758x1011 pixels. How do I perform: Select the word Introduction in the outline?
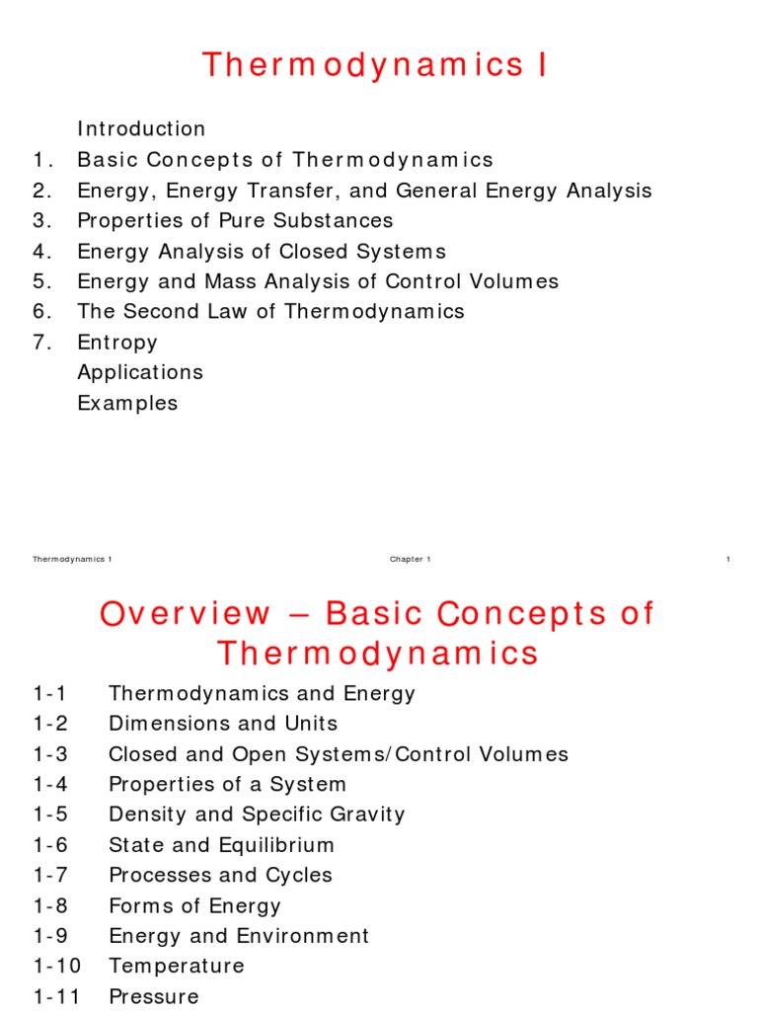point(141,129)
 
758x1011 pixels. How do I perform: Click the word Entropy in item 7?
point(117,343)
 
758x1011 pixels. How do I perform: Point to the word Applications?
point(140,372)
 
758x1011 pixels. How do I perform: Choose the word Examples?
point(127,403)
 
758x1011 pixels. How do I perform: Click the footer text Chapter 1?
point(410,560)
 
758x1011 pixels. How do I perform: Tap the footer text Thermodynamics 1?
point(72,560)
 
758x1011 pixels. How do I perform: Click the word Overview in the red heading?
point(185,614)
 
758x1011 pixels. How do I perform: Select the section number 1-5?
point(51,815)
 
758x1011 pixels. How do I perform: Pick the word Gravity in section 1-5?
point(366,815)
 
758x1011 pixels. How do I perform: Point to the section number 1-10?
point(57,966)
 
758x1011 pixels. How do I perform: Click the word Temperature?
point(177,966)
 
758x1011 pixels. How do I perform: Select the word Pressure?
point(153,996)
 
